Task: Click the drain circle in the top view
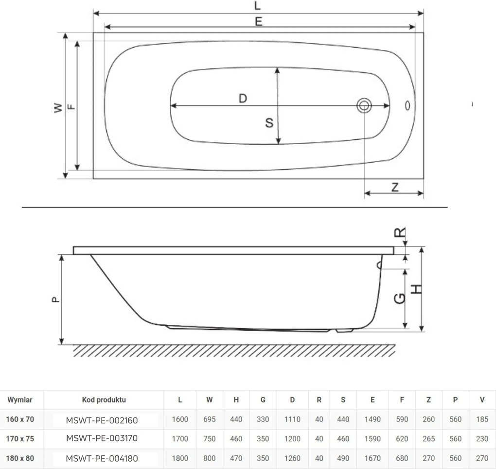pos(363,105)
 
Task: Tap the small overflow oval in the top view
pos(407,105)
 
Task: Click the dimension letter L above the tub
pos(257,6)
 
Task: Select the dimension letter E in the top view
pos(258,21)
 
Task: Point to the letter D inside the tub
pos(243,99)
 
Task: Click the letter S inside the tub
pos(269,123)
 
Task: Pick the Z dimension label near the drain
pos(395,186)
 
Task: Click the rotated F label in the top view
pos(71,106)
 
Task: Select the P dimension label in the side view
pos(56,300)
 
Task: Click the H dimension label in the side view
pos(417,289)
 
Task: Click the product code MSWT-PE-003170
pos(102,438)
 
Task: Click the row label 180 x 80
pos(20,458)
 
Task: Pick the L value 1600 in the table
pos(180,419)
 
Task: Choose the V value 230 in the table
pos(482,439)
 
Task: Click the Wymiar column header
pos(20,400)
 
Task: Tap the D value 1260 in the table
pos(292,458)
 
